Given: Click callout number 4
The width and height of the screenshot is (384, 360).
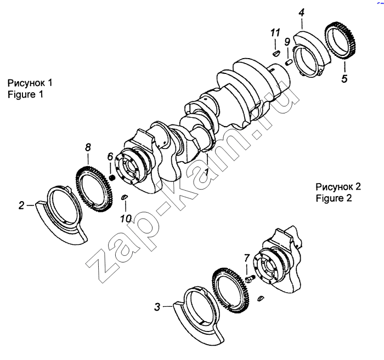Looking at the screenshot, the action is (302, 13).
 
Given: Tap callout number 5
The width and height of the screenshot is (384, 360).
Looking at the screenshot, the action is (345, 79).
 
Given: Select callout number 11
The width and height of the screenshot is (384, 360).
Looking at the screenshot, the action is (275, 32).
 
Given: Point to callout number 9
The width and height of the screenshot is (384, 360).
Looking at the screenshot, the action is (287, 42).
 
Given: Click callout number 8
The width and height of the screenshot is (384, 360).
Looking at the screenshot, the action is (88, 147).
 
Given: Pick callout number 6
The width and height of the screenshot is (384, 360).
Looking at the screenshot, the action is (110, 157).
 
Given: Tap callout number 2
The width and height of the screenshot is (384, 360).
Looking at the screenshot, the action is (21, 205).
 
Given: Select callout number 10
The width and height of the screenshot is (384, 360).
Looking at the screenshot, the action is (126, 219).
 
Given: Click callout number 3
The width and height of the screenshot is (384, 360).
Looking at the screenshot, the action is (157, 307).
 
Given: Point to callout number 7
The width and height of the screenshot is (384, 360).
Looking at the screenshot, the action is (247, 258).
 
